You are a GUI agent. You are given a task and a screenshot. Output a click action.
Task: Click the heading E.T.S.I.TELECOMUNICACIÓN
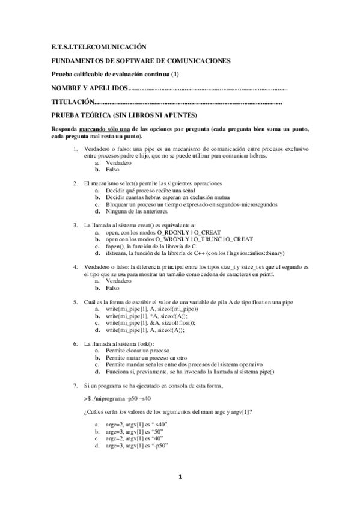click(99, 47)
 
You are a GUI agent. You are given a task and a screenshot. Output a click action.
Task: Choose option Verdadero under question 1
click(118, 163)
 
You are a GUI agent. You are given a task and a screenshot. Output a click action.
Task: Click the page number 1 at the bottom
click(180, 477)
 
